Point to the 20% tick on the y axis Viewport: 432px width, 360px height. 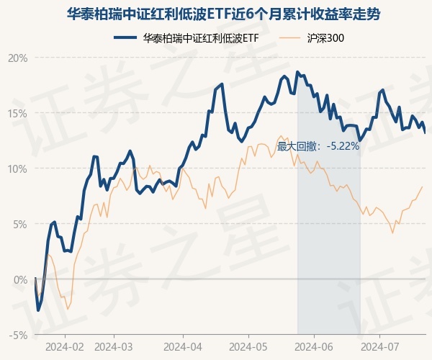(18, 58)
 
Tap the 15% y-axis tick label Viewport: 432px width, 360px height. (18, 113)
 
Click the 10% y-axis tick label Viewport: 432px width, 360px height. (18, 168)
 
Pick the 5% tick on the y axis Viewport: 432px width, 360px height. (20, 224)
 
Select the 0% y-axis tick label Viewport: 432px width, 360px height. (20, 279)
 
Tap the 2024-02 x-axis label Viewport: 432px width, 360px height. (65, 346)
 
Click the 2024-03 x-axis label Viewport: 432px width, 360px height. (114, 346)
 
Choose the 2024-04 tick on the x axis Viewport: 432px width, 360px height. (183, 346)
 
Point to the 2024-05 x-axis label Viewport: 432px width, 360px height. (248, 346)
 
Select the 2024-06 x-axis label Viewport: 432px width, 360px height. (315, 346)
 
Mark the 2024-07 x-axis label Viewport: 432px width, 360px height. (380, 346)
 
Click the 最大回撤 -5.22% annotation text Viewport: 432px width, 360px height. (318, 146)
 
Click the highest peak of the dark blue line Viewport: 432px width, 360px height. (297, 72)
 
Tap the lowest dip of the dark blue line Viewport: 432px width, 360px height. (38, 310)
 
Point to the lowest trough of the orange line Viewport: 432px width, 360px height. (68, 310)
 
